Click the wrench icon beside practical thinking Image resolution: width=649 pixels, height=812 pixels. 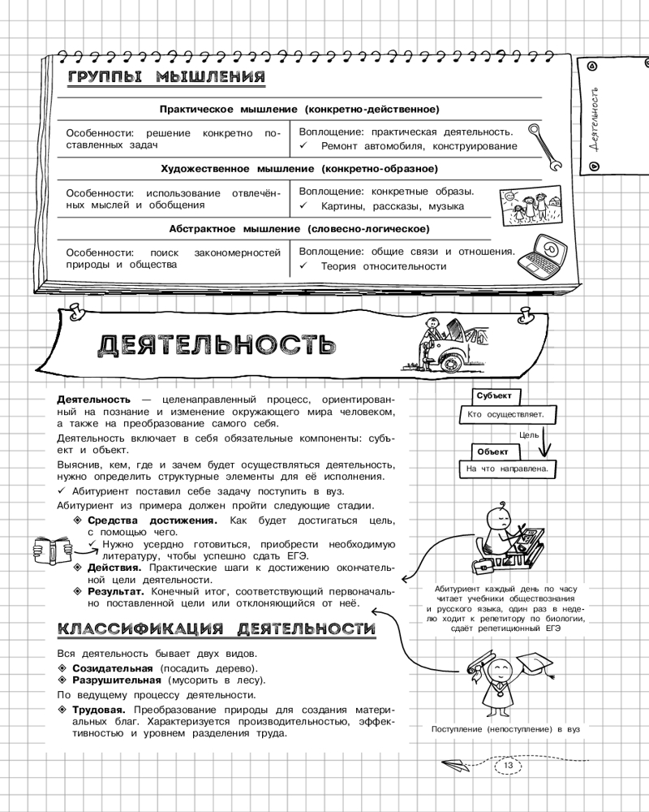point(544,145)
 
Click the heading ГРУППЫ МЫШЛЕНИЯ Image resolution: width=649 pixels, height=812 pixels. point(166,78)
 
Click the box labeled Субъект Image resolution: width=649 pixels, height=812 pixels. point(494,395)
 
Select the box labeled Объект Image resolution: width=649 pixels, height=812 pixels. point(492,451)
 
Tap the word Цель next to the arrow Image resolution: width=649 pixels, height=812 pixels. point(529,434)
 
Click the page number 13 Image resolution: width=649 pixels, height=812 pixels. point(509,766)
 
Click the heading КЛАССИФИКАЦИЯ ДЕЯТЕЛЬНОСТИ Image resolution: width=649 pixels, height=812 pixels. point(217,629)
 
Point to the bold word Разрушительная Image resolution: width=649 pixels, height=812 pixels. point(118,680)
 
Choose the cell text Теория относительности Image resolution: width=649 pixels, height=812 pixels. point(383,266)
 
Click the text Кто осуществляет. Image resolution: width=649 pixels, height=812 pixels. point(506,414)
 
